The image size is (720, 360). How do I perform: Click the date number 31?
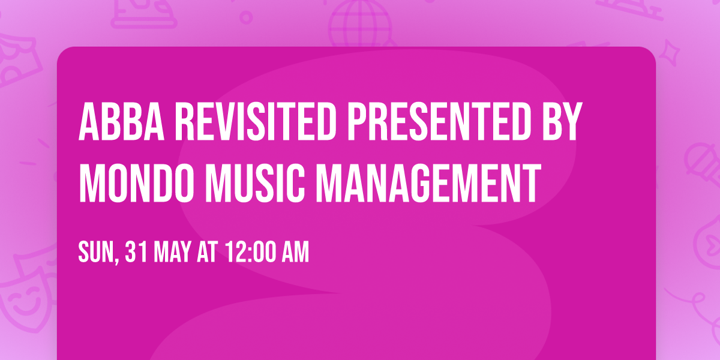[137, 253]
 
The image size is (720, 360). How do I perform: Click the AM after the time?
[296, 253]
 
